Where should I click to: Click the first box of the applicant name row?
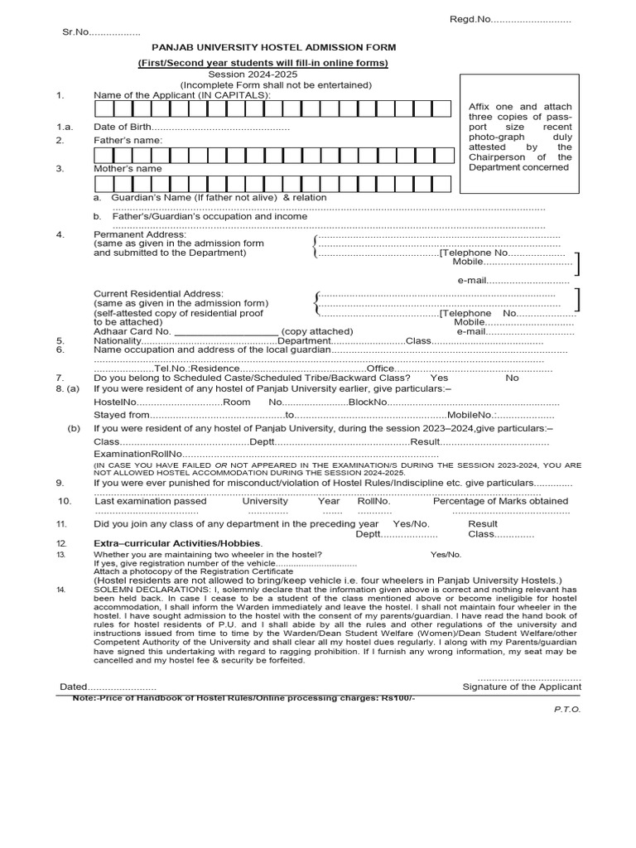(103, 109)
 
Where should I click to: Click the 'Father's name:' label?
(128, 140)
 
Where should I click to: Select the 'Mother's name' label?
(128, 168)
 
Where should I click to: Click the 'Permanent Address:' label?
(140, 234)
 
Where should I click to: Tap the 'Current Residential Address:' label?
(158, 293)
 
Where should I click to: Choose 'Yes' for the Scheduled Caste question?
(440, 377)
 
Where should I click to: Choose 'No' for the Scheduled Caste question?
(512, 377)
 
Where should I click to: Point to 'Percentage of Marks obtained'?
(500, 501)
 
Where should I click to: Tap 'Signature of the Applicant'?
(522, 687)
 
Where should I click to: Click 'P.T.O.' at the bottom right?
(567, 710)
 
